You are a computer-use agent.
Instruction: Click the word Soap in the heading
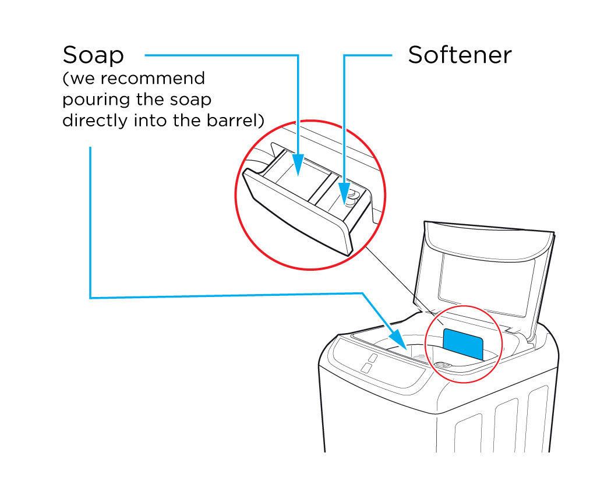(x=93, y=55)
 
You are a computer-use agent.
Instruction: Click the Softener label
(x=460, y=55)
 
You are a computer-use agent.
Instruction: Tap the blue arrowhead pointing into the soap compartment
(x=298, y=164)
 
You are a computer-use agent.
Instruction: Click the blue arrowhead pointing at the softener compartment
(x=344, y=195)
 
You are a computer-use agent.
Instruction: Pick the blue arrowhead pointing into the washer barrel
(x=397, y=338)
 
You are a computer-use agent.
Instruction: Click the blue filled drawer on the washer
(x=463, y=344)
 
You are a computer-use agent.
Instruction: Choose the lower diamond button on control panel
(x=366, y=367)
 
